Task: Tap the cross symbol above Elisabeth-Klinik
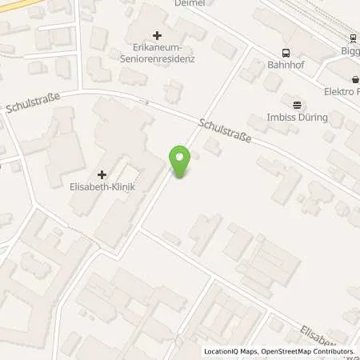pyautogui.click(x=102, y=174)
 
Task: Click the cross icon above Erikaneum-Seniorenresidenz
pyautogui.click(x=157, y=36)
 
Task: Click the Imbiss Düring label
pyautogui.click(x=298, y=118)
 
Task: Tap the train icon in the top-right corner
pyautogui.click(x=352, y=38)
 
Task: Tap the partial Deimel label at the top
pyautogui.click(x=190, y=3)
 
